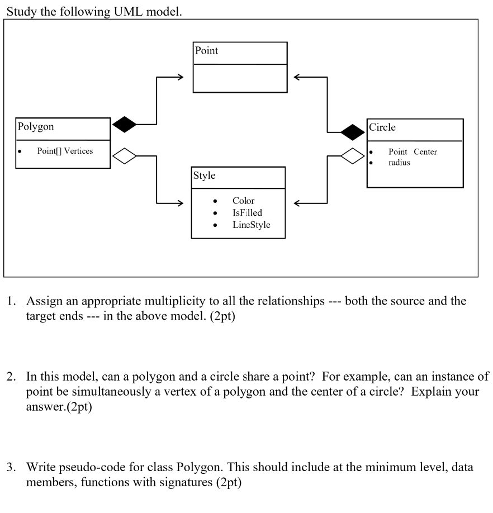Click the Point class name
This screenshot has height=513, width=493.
pyautogui.click(x=206, y=51)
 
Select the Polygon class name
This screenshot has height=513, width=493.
pyautogui.click(x=36, y=127)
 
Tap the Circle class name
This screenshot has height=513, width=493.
pyautogui.click(x=382, y=127)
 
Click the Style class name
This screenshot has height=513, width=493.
pyautogui.click(x=204, y=175)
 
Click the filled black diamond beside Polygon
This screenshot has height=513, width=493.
pyautogui.click(x=124, y=125)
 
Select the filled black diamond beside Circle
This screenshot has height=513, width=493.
pyautogui.click(x=353, y=132)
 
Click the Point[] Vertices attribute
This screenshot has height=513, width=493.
pyautogui.click(x=65, y=151)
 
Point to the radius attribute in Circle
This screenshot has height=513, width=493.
pyautogui.click(x=399, y=163)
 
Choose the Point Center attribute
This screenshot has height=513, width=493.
pyautogui.click(x=413, y=152)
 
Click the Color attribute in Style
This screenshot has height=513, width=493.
pyautogui.click(x=243, y=201)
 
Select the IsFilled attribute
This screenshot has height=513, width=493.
pyautogui.click(x=247, y=213)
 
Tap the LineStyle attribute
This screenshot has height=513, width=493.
pyautogui.click(x=251, y=225)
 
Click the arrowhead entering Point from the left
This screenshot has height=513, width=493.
pyautogui.click(x=179, y=77)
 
